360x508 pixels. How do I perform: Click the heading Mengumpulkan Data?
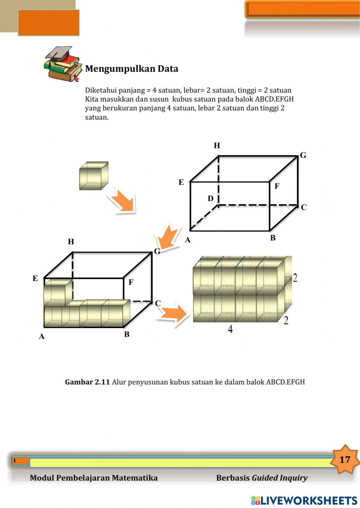click(131, 69)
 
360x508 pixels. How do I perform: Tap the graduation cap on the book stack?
click(59, 53)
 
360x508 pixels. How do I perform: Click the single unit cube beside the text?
click(94, 176)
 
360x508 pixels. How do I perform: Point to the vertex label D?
click(211, 198)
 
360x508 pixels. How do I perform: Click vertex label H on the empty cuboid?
click(217, 145)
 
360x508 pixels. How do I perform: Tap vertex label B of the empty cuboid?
click(273, 238)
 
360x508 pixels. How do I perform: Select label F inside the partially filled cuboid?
click(131, 282)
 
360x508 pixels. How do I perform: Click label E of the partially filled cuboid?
click(35, 278)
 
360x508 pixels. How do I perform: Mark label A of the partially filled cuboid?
click(42, 336)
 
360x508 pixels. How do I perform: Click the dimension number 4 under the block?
click(230, 329)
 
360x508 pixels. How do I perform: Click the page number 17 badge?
click(345, 459)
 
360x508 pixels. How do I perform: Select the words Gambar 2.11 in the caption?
click(87, 382)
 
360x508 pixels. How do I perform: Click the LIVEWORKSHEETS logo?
click(304, 500)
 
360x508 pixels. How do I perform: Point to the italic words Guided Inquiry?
click(279, 478)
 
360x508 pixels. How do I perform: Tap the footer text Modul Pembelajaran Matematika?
click(94, 478)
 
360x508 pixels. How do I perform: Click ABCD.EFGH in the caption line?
click(285, 382)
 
